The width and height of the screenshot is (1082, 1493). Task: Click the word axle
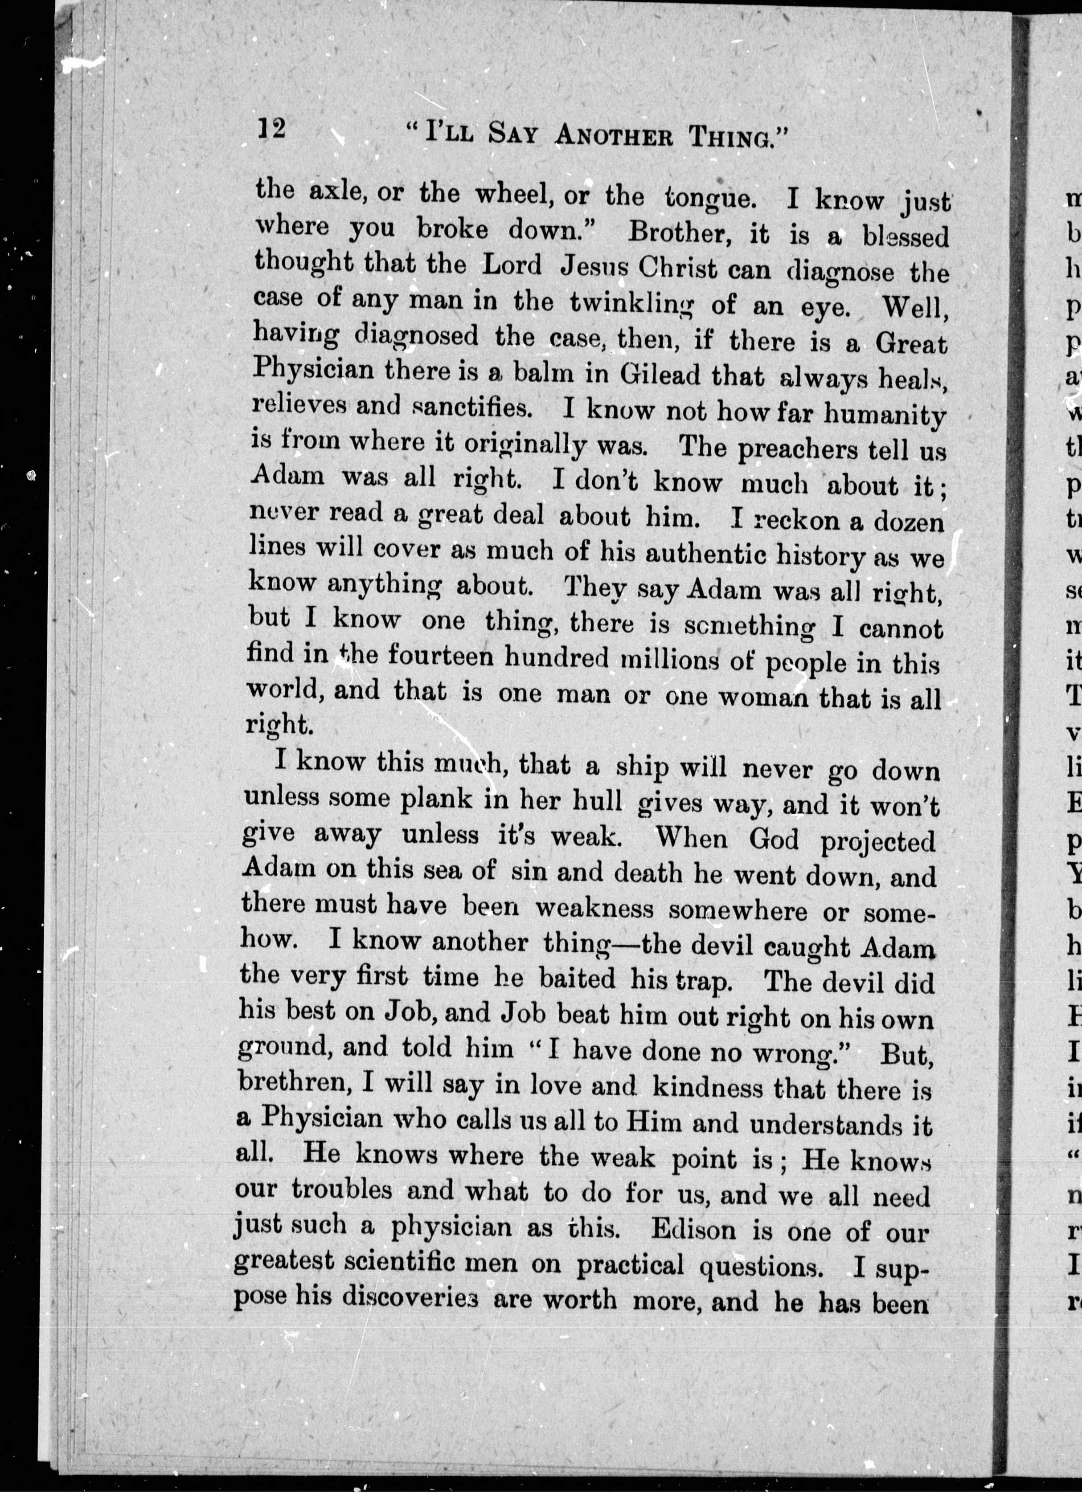click(x=332, y=191)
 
